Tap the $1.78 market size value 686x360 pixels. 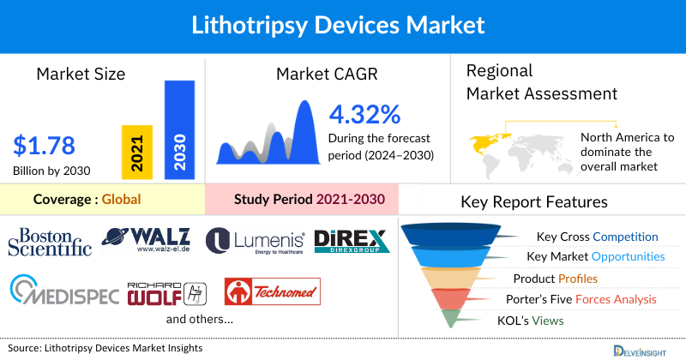tap(45, 143)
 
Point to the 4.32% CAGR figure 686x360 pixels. tap(364, 114)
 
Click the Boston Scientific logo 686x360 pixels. tap(50, 241)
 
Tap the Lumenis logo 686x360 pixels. tap(254, 241)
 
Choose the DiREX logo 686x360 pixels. tap(352, 241)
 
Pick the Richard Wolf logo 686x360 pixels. tap(170, 291)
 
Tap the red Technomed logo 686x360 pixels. tap(272, 291)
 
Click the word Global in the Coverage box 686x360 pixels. tap(121, 200)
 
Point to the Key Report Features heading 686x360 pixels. tap(534, 202)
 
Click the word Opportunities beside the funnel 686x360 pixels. tap(628, 256)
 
